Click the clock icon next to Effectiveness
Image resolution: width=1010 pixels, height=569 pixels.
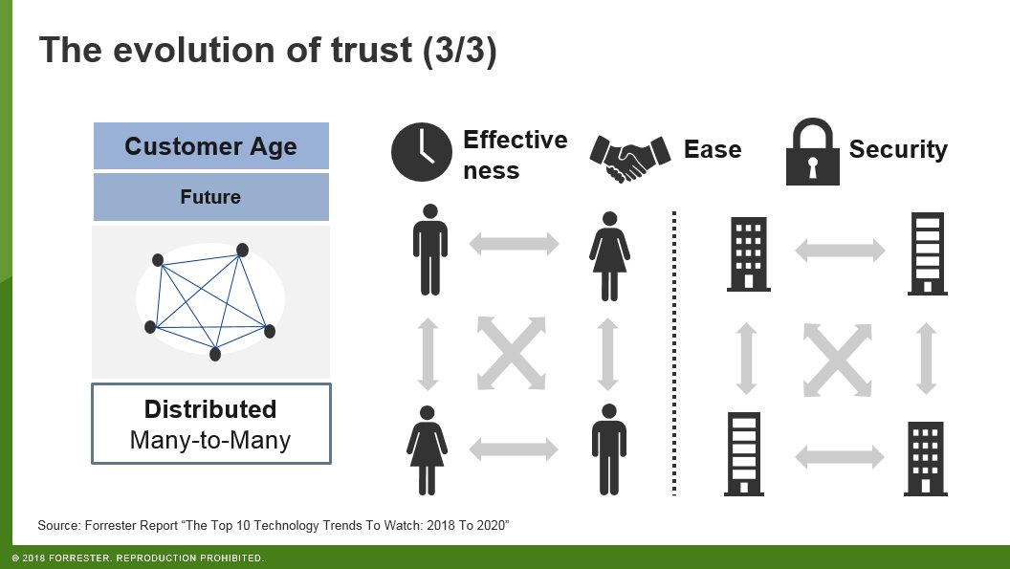click(420, 152)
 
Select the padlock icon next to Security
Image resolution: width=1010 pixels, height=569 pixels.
click(812, 152)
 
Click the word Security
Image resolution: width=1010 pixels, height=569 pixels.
click(898, 150)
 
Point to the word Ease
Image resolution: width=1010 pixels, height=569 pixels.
click(713, 150)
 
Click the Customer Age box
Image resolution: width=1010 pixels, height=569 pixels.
click(210, 146)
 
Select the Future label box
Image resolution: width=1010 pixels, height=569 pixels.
click(210, 197)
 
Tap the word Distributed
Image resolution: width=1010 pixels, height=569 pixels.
click(210, 409)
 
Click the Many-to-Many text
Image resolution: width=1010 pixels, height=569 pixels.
click(210, 440)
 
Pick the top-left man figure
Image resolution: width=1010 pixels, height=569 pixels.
click(429, 250)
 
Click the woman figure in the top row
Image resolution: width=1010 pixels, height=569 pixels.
click(608, 250)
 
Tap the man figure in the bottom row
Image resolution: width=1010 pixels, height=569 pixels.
click(608, 449)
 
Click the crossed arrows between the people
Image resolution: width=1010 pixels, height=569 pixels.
click(512, 350)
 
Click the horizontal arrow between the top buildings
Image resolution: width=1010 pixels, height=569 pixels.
click(840, 252)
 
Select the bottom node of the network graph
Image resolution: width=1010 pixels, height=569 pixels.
click(215, 354)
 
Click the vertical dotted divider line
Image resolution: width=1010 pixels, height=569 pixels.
click(674, 354)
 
